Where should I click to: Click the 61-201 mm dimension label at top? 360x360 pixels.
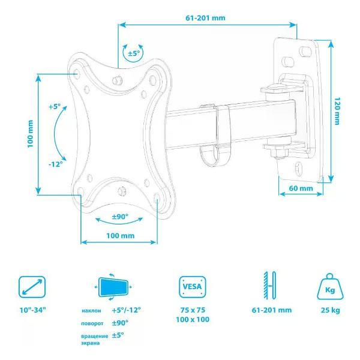(205, 18)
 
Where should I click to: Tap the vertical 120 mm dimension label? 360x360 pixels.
(337, 111)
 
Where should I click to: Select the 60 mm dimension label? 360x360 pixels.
(301, 188)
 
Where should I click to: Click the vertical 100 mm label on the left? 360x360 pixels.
(31, 134)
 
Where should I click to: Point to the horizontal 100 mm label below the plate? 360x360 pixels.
(121, 236)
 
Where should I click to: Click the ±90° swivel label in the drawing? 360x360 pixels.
(120, 216)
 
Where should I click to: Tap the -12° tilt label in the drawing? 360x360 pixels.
(56, 164)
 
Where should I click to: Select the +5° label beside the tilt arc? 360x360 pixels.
(55, 107)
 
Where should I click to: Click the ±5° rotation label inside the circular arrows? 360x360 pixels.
(134, 53)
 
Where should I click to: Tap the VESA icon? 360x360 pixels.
(193, 287)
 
